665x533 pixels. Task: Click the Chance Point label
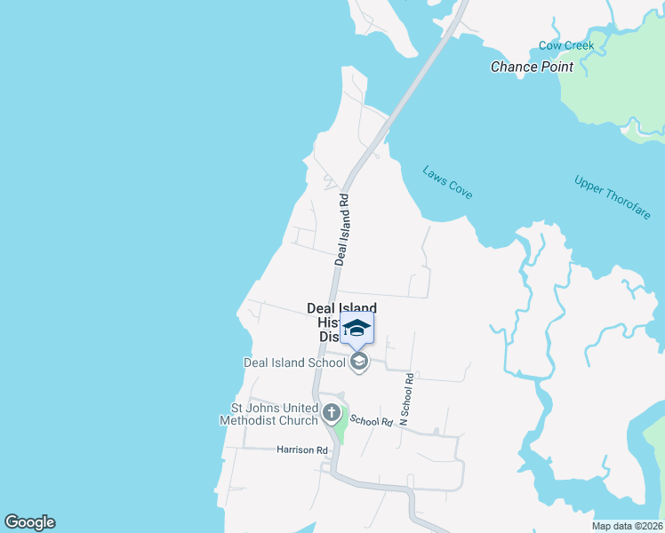[x=532, y=67]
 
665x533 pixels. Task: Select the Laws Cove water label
[x=447, y=182]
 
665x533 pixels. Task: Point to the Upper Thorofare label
[x=613, y=198]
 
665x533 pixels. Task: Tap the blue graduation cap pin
[x=357, y=329]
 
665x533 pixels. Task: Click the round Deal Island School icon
[x=359, y=362]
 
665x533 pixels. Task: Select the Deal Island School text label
[x=294, y=362]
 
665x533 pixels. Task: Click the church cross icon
[x=332, y=413]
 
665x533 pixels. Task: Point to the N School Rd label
[x=407, y=399]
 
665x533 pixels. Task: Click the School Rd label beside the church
[x=371, y=421]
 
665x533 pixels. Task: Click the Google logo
[x=29, y=522]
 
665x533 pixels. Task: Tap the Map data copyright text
[x=628, y=526]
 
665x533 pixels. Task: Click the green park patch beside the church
[x=340, y=431]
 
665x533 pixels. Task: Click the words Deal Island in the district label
[x=341, y=308]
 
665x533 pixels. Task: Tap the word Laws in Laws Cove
[x=435, y=173]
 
